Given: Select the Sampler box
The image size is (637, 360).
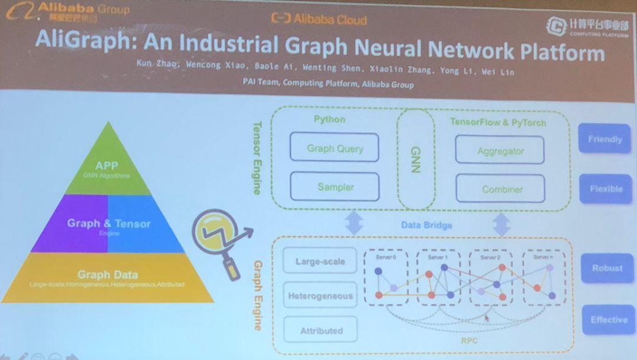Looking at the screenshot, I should coord(334,186).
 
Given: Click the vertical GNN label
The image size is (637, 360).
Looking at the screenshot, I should coord(415,159).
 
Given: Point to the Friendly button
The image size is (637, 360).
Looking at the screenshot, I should coord(605,139).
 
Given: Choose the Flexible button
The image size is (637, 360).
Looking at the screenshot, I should coord(605,189).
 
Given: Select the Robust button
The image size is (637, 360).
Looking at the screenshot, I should coord(607,269).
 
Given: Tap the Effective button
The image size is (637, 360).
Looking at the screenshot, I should coord(609,320).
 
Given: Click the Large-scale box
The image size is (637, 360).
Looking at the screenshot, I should coord(320,261).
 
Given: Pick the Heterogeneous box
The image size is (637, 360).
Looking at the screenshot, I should coord(320,296).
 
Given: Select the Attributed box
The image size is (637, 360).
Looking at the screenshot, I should coord(321,330).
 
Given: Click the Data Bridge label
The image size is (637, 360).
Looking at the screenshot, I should coord(426,225).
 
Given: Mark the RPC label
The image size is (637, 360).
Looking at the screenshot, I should coord(469,341).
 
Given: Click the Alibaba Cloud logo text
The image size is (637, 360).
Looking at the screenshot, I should coord(319,19).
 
